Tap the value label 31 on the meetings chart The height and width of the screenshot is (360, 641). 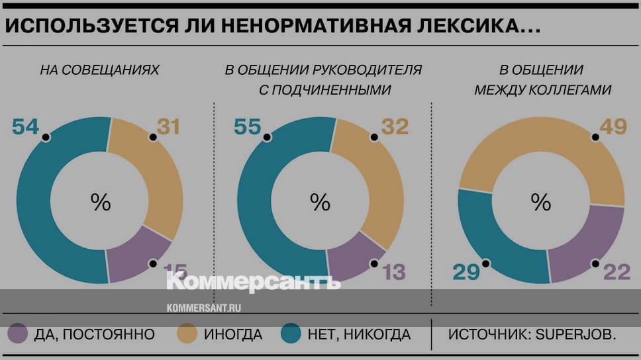(168, 126)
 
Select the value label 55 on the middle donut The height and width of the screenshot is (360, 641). (247, 126)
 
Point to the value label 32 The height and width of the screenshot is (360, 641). (395, 126)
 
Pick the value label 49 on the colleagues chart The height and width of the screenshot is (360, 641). (613, 126)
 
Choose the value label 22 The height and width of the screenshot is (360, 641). (616, 271)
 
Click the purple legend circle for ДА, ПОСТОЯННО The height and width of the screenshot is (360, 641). (17, 334)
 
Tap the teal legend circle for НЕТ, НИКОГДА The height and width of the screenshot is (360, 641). (291, 334)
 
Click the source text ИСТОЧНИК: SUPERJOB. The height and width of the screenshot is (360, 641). (532, 334)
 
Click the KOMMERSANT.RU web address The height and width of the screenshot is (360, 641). (203, 308)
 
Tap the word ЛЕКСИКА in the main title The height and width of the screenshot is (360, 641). (469, 26)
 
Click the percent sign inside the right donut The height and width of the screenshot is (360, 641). (541, 202)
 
